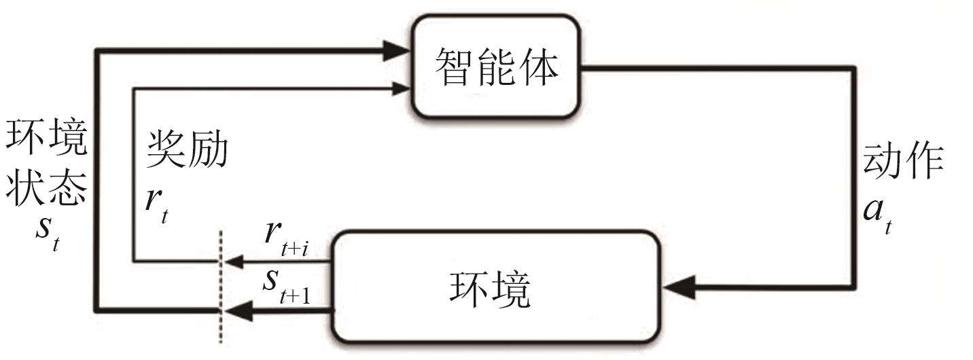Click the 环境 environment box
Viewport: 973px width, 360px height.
(496, 286)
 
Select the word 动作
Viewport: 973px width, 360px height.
(902, 162)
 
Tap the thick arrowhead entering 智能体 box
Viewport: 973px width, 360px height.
(398, 50)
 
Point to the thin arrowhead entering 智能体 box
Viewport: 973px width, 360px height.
(401, 87)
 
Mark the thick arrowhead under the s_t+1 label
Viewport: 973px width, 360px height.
(235, 312)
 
